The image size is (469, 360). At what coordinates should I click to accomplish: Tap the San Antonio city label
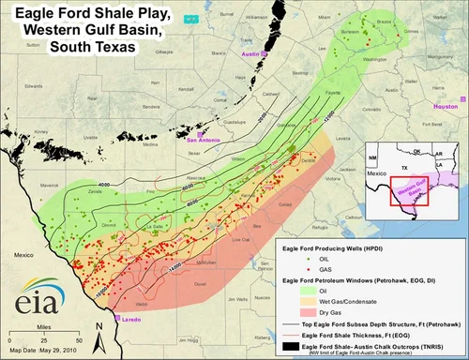pos(205,141)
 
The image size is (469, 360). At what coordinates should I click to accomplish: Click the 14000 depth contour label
pos(175,269)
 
